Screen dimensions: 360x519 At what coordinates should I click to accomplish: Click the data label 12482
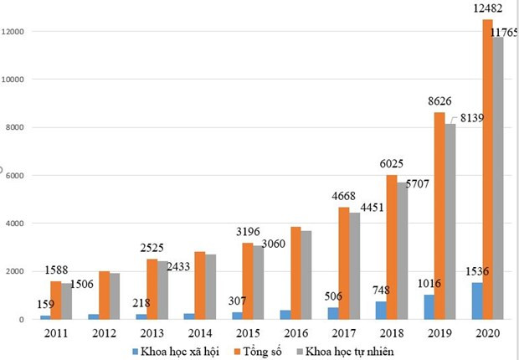point(486,9)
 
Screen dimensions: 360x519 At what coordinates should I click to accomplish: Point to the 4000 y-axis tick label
point(19,224)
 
